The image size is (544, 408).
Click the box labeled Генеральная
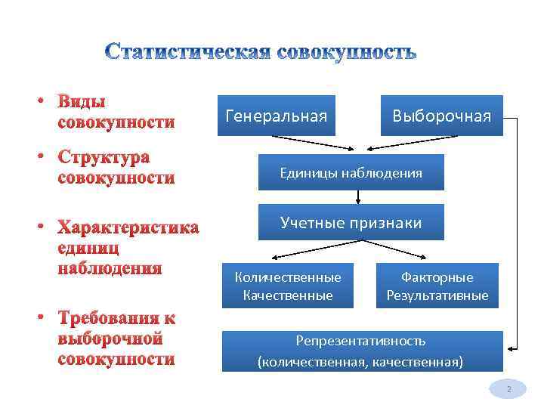277,116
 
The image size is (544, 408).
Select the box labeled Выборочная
441,116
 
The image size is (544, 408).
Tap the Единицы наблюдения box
351,173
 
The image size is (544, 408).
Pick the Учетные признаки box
351,222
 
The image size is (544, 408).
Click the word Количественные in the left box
288,277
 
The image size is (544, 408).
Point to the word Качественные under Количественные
288,295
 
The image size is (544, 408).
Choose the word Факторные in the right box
437,277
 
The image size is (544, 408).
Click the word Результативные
437,295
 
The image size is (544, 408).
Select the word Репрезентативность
360,342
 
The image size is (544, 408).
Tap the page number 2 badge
509,390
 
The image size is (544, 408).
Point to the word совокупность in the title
347,53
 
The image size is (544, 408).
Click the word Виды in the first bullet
82,102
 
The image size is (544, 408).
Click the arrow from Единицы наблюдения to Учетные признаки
358,197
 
